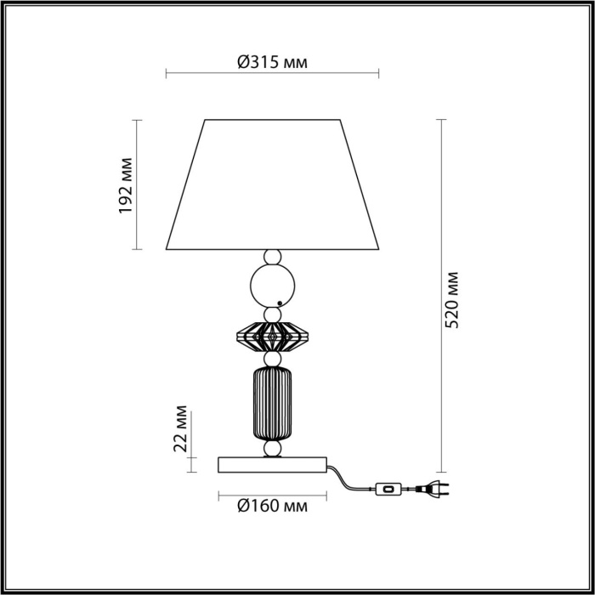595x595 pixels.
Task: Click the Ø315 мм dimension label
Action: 272,62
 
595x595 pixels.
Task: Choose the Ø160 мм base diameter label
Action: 272,507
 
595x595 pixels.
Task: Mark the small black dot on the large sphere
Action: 280,303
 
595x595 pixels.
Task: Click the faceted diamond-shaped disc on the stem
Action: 272,337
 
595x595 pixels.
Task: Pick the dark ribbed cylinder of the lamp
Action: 272,403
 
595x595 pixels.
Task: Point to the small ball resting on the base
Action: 272,448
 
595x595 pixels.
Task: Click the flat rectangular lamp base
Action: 272,464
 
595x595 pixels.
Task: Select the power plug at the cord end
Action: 433,490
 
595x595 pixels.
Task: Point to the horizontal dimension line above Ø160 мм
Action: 272,494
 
